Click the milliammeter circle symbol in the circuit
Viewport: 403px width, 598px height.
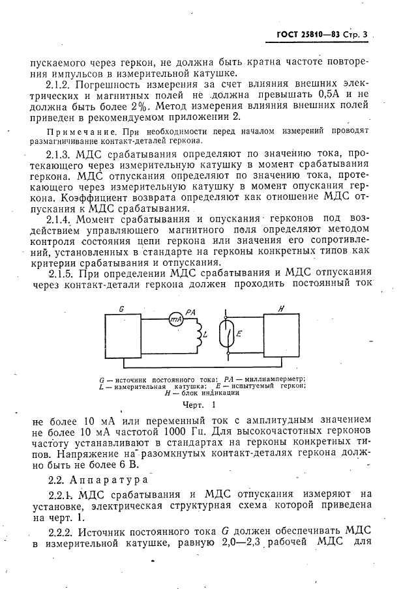pos(173,318)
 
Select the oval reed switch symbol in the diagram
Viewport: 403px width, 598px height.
pos(226,335)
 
